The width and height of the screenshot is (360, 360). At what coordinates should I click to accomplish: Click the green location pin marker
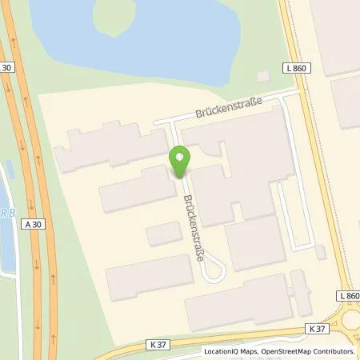click(180, 162)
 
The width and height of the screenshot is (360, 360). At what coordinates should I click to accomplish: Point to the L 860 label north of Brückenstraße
click(295, 70)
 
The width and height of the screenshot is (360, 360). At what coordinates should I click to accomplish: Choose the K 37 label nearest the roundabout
click(317, 328)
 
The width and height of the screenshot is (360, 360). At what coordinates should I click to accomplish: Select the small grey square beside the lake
click(264, 76)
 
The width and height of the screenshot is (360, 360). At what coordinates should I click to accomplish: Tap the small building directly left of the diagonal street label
click(164, 234)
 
